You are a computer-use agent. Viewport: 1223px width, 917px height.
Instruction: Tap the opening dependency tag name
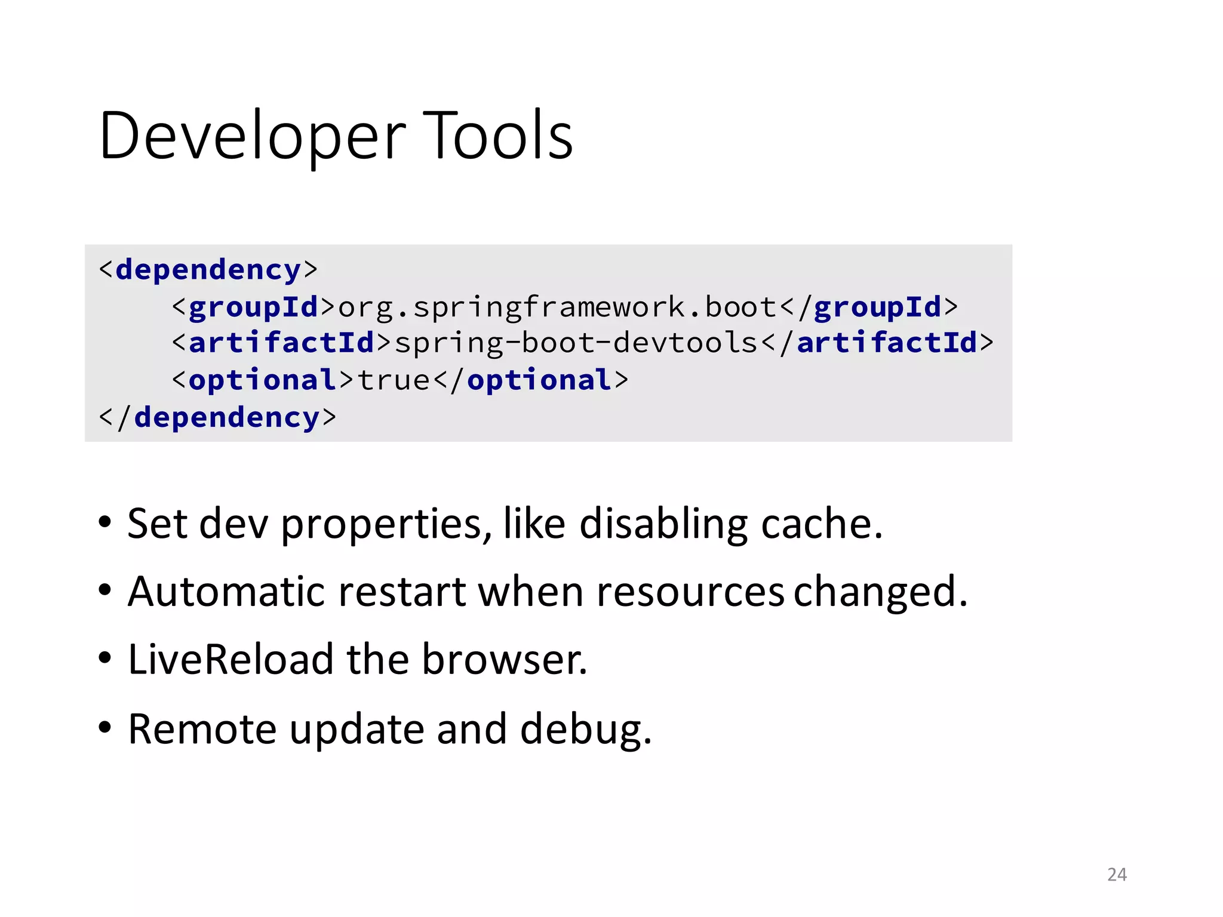coord(208,270)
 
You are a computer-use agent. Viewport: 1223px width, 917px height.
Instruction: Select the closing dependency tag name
coord(227,417)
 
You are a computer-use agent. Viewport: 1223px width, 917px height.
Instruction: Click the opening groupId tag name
coord(253,307)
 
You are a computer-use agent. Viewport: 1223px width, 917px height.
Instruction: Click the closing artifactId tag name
coord(887,343)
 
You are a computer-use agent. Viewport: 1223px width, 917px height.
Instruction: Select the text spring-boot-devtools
coord(576,343)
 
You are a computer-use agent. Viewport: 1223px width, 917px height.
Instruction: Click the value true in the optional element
coord(394,380)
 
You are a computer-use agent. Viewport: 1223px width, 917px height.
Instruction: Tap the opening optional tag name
coord(262,380)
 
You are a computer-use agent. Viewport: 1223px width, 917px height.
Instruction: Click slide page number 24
coord(1117,875)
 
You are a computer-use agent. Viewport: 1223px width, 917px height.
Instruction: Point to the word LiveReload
coord(231,660)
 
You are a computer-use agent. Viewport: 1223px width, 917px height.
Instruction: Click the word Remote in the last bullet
coord(202,729)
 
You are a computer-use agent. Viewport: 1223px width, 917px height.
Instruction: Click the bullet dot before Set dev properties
coord(105,524)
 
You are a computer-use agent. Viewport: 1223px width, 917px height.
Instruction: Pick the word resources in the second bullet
coord(690,592)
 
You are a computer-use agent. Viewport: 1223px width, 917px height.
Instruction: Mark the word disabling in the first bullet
coord(663,524)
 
